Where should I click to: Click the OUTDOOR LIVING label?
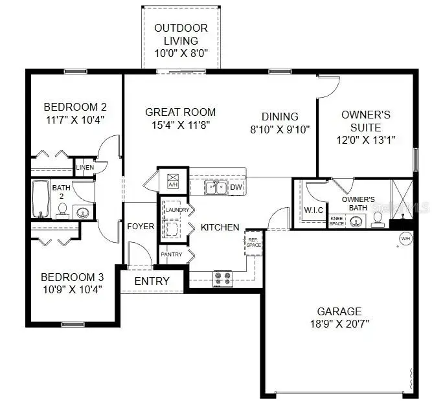pyautogui.click(x=181, y=28)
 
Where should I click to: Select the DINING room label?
pyautogui.click(x=280, y=117)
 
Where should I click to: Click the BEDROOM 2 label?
pyautogui.click(x=74, y=107)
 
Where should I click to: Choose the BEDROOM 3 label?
pyautogui.click(x=72, y=277)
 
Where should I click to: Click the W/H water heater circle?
pyautogui.click(x=405, y=238)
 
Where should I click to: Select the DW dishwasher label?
pyautogui.click(x=236, y=188)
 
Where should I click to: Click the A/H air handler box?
pyautogui.click(x=173, y=180)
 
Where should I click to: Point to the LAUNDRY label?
pyautogui.click(x=177, y=210)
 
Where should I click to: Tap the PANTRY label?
pyautogui.click(x=173, y=254)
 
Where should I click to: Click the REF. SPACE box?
pyautogui.click(x=254, y=242)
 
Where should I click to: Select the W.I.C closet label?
pyautogui.click(x=313, y=210)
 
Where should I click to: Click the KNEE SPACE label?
pyautogui.click(x=337, y=221)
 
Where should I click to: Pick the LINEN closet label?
pyautogui.click(x=85, y=168)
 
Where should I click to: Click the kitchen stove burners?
pyautogui.click(x=223, y=278)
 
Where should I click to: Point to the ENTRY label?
pyautogui.click(x=152, y=281)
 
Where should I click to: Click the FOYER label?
pyautogui.click(x=141, y=227)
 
